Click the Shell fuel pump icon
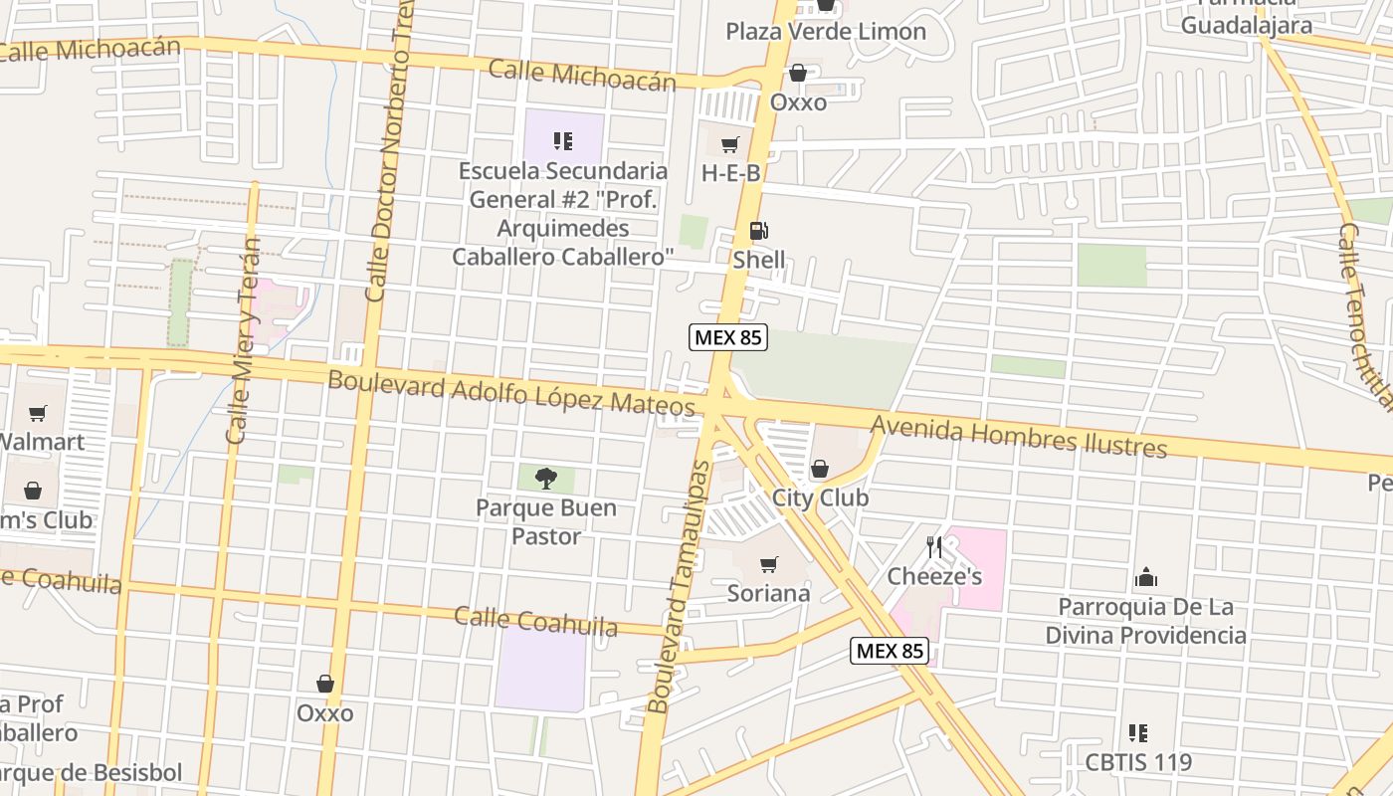[x=758, y=232]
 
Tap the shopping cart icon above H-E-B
[x=730, y=145]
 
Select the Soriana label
[x=769, y=594]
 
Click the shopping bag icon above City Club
[x=820, y=469]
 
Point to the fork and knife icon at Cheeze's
[x=933, y=547]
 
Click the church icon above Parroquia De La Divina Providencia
[x=1146, y=578]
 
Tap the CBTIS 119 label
[x=1138, y=763]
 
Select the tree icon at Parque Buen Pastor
[x=545, y=479]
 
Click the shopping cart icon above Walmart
[x=38, y=413]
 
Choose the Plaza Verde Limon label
[x=825, y=32]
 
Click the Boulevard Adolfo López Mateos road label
[x=510, y=393]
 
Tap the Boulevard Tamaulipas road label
[x=680, y=587]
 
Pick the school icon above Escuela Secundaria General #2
[x=563, y=141]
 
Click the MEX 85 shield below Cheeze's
[x=890, y=652]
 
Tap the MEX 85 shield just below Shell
[x=728, y=337]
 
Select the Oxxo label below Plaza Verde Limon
[x=798, y=102]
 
